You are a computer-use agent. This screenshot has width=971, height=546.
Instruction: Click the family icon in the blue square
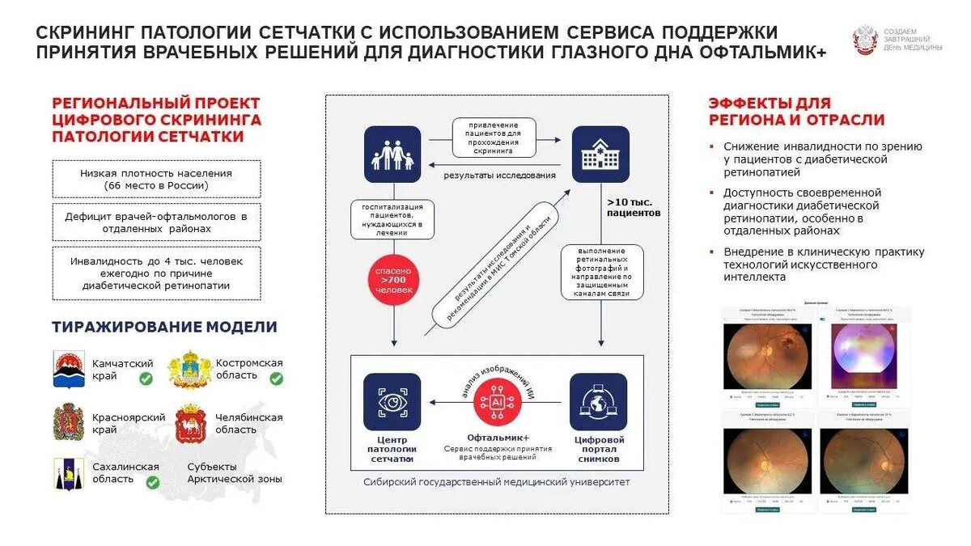pyautogui.click(x=392, y=154)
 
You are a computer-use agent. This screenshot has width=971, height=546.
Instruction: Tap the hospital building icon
pyautogui.click(x=600, y=154)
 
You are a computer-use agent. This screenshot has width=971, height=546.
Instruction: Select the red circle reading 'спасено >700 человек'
pyautogui.click(x=392, y=280)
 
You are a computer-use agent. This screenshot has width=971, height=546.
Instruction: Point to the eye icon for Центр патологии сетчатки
pyautogui.click(x=392, y=401)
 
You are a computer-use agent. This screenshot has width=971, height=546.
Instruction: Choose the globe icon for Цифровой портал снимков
pyautogui.click(x=599, y=401)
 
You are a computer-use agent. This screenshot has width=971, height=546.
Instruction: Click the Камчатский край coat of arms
pyautogui.click(x=68, y=370)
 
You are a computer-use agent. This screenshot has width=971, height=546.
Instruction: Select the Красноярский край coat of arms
pyautogui.click(x=68, y=422)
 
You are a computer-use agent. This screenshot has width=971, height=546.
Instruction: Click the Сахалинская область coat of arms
pyautogui.click(x=68, y=473)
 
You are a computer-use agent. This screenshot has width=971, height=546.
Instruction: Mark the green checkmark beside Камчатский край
pyautogui.click(x=146, y=378)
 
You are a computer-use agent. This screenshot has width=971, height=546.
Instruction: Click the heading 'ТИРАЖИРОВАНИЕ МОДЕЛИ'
pyautogui.click(x=164, y=327)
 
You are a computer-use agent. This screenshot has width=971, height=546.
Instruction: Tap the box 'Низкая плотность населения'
pyautogui.click(x=156, y=179)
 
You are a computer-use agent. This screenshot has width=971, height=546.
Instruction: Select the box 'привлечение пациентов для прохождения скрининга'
pyautogui.click(x=494, y=138)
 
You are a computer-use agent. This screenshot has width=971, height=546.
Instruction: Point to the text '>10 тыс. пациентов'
pyautogui.click(x=634, y=207)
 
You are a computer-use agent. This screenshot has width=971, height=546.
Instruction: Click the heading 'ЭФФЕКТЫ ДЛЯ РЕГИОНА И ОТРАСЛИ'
pyautogui.click(x=796, y=112)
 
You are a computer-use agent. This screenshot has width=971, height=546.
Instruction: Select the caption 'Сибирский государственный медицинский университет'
pyautogui.click(x=497, y=481)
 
